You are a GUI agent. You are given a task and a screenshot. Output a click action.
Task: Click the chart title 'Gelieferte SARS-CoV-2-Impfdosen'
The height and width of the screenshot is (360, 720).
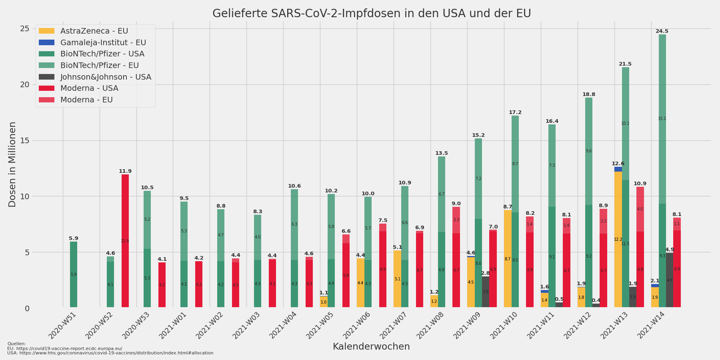(x=371, y=14)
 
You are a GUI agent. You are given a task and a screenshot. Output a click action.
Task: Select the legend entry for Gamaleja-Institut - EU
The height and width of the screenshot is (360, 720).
(x=103, y=42)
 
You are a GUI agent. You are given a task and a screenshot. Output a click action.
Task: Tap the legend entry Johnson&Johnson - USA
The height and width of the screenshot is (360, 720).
(x=106, y=77)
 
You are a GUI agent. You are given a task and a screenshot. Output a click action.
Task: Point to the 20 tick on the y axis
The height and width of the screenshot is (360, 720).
(x=25, y=84)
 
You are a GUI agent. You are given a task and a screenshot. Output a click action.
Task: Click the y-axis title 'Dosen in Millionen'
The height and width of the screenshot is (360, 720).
(x=12, y=164)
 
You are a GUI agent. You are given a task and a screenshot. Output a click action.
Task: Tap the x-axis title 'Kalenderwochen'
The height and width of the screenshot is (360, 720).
(x=371, y=346)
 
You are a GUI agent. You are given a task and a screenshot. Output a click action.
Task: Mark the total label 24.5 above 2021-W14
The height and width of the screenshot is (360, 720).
(x=662, y=31)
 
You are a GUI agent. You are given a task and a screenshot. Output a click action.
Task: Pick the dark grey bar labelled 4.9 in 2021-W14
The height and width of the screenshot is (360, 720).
(x=670, y=280)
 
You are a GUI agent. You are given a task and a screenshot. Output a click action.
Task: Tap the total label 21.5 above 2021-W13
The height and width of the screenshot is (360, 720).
(x=625, y=64)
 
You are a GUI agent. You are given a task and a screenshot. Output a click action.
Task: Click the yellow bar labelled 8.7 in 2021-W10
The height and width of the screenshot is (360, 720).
(x=508, y=259)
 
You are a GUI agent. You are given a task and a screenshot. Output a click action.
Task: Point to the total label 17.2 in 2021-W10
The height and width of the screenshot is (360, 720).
(x=515, y=112)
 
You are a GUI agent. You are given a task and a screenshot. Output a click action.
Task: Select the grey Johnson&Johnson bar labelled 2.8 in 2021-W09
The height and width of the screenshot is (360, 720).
(x=486, y=292)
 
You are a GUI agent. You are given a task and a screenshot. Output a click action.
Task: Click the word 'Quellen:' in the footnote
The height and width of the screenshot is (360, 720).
(x=16, y=344)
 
